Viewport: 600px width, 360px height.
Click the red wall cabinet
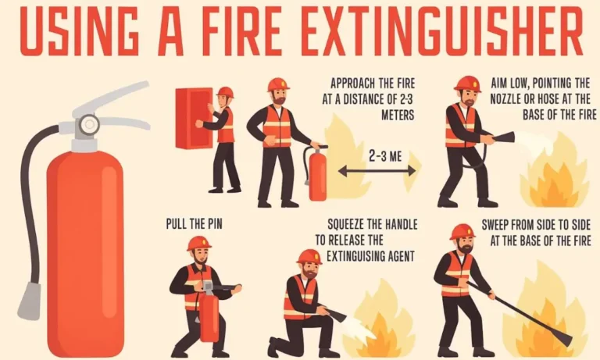point(194,117)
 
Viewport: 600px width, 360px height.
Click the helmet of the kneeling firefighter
point(309,257)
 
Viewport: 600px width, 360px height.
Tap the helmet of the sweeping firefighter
point(462,232)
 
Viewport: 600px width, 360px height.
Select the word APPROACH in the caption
point(359,82)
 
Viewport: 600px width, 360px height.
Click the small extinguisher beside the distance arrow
point(317,176)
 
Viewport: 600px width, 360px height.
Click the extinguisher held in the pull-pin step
point(209,316)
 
